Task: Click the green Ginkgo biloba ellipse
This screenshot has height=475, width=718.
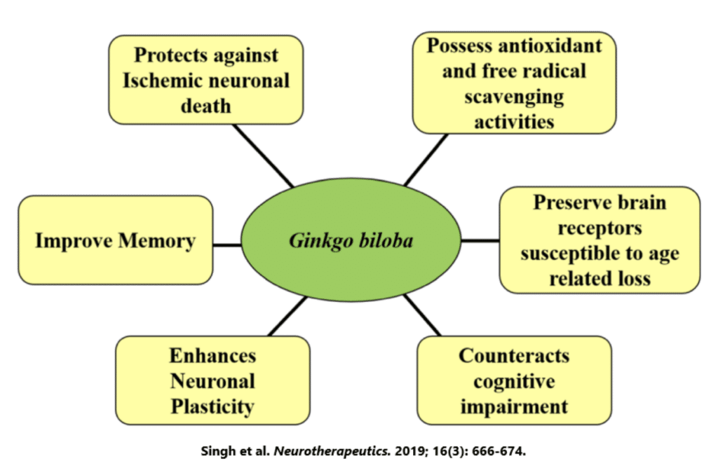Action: [350, 241]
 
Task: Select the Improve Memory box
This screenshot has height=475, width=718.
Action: [115, 240]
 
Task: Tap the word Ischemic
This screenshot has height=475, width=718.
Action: [161, 80]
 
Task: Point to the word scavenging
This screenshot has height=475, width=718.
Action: [514, 96]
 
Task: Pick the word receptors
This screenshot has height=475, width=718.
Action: [600, 228]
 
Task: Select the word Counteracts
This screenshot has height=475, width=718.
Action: [514, 355]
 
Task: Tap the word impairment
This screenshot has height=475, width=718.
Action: [514, 406]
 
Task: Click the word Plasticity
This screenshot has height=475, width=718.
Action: [212, 406]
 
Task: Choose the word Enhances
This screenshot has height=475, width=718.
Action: [212, 355]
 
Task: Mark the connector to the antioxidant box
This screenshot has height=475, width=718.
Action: [425, 160]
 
